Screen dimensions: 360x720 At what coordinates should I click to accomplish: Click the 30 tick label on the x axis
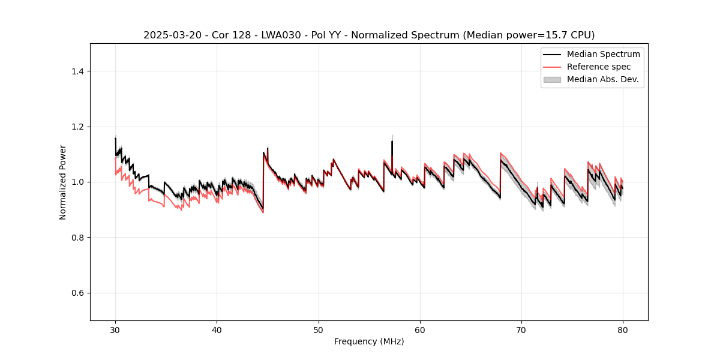(115, 330)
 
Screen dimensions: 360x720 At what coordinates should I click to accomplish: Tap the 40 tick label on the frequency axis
(217, 330)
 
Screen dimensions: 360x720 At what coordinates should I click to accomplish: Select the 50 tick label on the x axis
(319, 330)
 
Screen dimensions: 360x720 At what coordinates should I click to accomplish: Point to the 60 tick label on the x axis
(420, 330)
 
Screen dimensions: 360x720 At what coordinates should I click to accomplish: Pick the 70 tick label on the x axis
(521, 330)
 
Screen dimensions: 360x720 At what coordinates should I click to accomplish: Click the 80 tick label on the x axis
(623, 330)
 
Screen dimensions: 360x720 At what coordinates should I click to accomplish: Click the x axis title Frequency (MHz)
(369, 342)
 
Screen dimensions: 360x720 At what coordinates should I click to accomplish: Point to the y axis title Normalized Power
(63, 182)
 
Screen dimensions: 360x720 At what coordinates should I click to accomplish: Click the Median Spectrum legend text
(603, 54)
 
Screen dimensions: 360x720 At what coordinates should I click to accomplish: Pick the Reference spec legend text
(599, 67)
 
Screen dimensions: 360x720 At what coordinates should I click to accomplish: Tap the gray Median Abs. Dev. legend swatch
(552, 79)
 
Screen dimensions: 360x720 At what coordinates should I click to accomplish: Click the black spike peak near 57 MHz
(392, 142)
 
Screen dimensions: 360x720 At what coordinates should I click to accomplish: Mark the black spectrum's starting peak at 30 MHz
(115, 139)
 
